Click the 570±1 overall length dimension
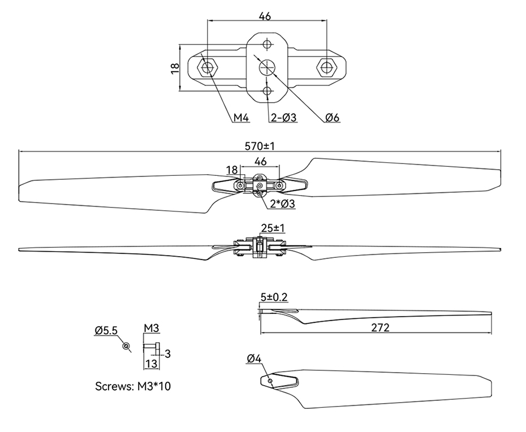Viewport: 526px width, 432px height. coord(260,146)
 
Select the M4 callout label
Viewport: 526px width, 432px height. coord(242,118)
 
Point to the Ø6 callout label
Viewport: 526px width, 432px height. coord(332,118)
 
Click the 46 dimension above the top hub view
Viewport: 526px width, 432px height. coord(265,16)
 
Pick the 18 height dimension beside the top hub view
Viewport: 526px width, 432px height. coord(175,67)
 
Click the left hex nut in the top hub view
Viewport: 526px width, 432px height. coord(208,68)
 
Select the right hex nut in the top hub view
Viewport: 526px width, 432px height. coord(326,68)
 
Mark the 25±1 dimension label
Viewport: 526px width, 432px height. coord(272,228)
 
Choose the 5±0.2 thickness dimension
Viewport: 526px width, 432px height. coord(274,296)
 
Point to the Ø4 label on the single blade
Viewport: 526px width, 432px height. coord(254,358)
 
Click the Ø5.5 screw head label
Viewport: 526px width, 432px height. coord(106,329)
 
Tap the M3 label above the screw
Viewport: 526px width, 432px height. coord(150,328)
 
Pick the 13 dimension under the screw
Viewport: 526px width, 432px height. coord(151,364)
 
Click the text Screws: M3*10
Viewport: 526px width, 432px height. coord(133,387)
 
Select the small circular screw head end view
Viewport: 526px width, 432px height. coord(126,345)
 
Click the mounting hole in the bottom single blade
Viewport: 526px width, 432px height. coord(270,381)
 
